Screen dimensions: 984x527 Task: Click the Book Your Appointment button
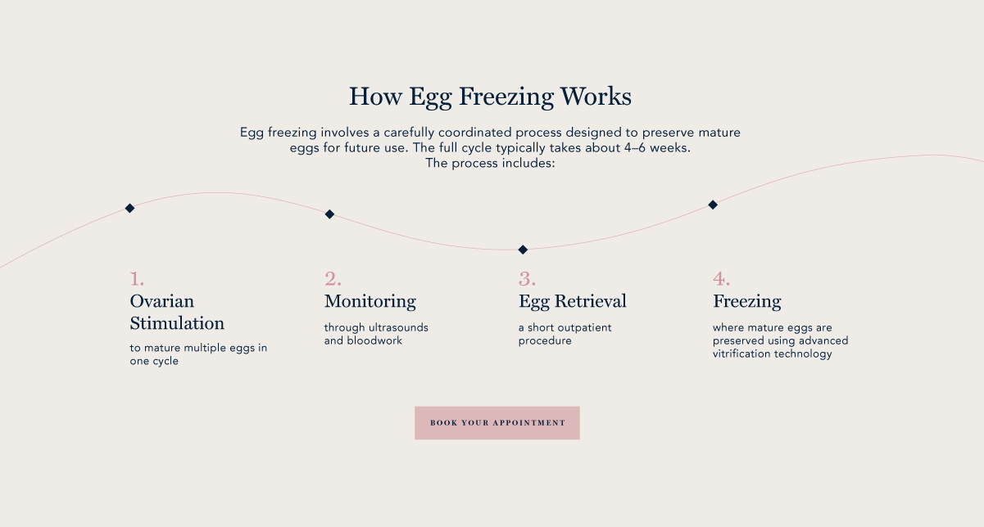(497, 422)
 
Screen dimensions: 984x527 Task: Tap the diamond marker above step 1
(129, 208)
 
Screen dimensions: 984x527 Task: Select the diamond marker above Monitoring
(329, 214)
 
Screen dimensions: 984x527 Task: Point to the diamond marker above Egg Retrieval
(523, 250)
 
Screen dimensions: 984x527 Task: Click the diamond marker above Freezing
(713, 205)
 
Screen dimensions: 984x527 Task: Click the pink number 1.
(137, 278)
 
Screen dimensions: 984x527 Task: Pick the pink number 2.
(333, 278)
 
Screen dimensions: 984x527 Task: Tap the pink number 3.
(527, 278)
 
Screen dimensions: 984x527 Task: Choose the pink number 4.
(721, 278)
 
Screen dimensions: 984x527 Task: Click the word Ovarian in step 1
(162, 301)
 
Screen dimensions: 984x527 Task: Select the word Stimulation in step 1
(177, 323)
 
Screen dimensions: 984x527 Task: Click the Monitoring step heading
(370, 302)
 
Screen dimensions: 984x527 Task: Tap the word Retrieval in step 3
(591, 301)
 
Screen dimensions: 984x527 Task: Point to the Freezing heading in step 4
(746, 302)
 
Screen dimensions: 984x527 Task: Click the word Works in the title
(596, 96)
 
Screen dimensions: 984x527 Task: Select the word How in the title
(375, 96)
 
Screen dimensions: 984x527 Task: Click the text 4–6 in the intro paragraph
(635, 148)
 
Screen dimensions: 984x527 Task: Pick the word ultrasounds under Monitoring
(398, 328)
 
